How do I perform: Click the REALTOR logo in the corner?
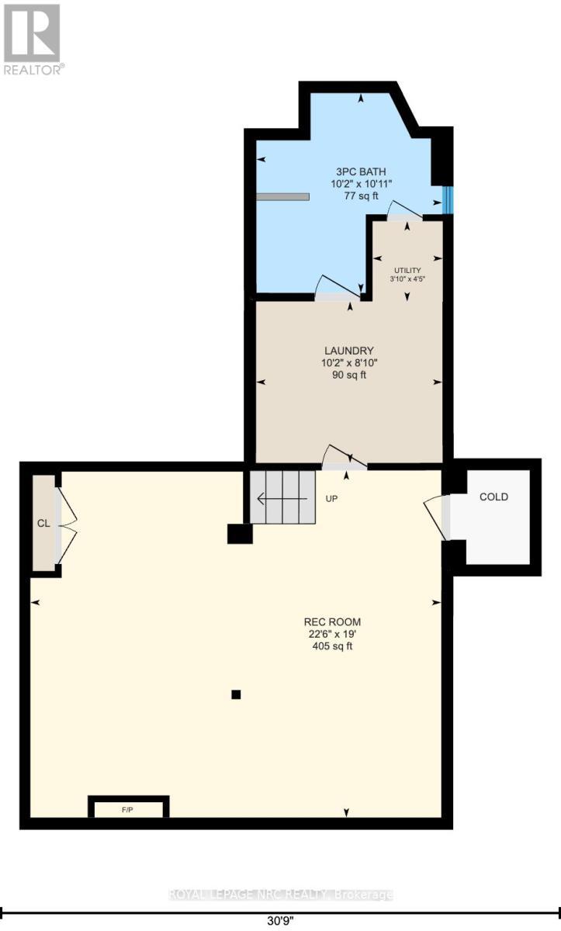[x=33, y=38]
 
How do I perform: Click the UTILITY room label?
[x=406, y=270]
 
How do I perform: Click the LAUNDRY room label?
[x=350, y=350]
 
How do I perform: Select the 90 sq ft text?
[x=350, y=376]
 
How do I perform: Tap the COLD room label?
[x=493, y=497]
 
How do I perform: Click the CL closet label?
[x=43, y=523]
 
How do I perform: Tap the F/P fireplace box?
[x=128, y=808]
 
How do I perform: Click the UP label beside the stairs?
[x=331, y=498]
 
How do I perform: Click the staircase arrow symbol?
[x=280, y=498]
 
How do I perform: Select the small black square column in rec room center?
[x=236, y=694]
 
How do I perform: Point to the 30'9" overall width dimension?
[x=280, y=922]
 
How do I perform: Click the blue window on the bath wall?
[x=447, y=199]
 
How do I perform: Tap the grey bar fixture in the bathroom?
[x=282, y=197]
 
